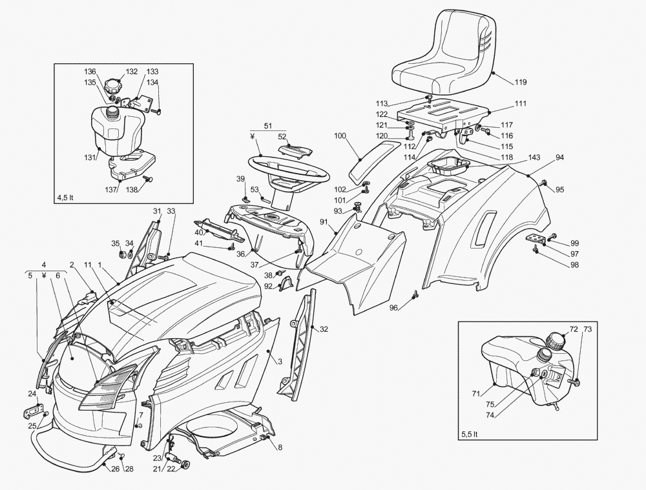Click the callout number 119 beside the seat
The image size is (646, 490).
521,82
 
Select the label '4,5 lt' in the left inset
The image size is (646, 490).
65,197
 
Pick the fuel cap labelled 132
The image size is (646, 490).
114,86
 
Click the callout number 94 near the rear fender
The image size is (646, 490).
559,158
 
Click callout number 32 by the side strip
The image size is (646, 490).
324,329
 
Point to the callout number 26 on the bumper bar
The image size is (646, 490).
115,469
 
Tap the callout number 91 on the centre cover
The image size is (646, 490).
324,222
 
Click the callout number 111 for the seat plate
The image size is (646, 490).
521,103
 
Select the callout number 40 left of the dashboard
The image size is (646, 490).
200,232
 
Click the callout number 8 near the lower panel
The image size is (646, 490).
280,446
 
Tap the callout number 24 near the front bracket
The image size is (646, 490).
32,394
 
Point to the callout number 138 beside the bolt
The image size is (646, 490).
132,190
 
